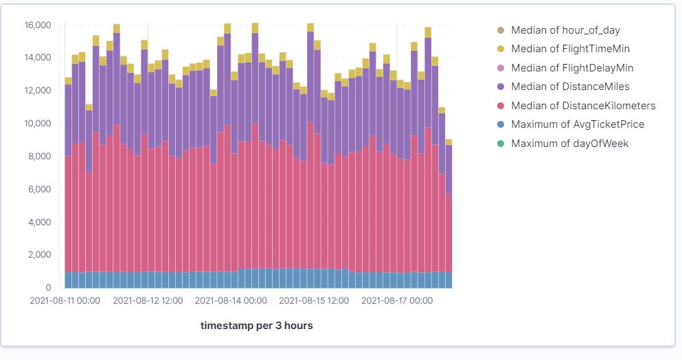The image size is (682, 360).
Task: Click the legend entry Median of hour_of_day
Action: click(565, 30)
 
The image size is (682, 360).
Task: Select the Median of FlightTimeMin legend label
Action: click(570, 49)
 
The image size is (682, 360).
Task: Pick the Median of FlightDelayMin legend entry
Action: click(572, 68)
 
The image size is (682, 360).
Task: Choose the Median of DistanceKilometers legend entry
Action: click(583, 106)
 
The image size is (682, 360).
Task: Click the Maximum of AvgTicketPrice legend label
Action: click(578, 124)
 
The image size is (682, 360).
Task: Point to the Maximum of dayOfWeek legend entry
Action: click(569, 144)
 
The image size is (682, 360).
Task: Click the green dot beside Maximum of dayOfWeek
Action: click(500, 144)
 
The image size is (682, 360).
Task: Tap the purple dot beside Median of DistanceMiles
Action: click(500, 87)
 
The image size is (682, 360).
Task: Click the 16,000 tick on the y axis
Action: click(37, 25)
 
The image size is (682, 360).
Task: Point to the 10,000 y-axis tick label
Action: click(37, 124)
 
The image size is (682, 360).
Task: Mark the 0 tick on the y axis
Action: click(48, 288)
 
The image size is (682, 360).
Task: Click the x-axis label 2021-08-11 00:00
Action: click(65, 301)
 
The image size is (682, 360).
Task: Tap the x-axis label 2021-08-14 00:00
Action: click(231, 301)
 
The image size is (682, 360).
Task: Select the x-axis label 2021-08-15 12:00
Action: click(314, 301)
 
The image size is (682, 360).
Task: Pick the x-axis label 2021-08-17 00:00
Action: click(396, 301)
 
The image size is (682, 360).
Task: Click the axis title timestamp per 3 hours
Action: click(256, 326)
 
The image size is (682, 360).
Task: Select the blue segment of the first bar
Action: click(68, 280)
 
